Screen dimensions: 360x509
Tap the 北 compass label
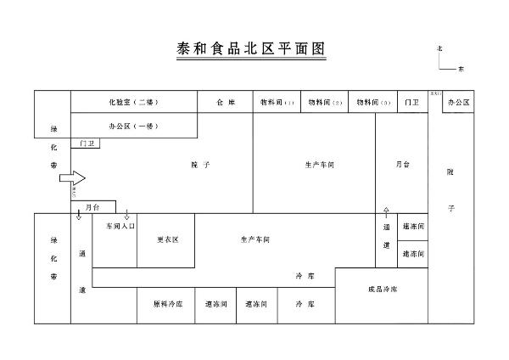439,49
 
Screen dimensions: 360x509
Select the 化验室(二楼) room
133,102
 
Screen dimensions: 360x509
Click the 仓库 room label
225,102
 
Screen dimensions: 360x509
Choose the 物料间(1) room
277,102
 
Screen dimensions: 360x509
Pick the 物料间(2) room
326,102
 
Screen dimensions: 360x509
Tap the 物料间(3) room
374,102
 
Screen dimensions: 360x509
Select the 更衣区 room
167,239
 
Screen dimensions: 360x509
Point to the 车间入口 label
120,227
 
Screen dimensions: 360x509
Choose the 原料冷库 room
168,304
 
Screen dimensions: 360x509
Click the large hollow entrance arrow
77,178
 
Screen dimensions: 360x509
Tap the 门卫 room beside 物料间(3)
412,102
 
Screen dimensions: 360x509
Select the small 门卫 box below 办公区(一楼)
87,144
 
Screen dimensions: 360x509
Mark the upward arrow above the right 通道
387,210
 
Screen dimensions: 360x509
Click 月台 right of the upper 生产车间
402,164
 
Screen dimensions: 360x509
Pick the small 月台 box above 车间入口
92,207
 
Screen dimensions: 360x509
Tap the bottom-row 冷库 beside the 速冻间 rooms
304,304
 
